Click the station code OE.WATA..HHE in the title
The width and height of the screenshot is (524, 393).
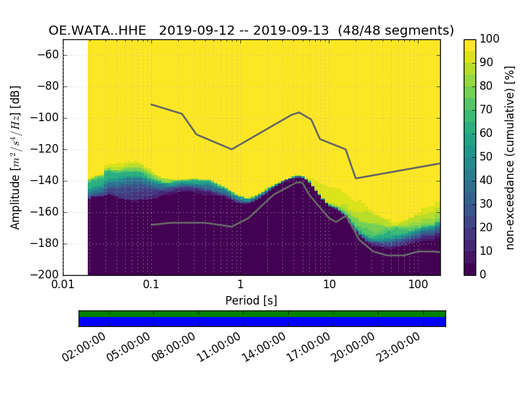tap(100, 31)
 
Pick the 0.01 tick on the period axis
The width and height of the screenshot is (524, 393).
tap(63, 286)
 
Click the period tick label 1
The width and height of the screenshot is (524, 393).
tap(240, 286)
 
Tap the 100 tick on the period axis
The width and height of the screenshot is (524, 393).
tap(418, 286)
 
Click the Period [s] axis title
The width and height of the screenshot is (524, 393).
tap(252, 301)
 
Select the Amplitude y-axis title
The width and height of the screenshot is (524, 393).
tap(16, 157)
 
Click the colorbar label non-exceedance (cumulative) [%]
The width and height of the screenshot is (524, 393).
tap(511, 157)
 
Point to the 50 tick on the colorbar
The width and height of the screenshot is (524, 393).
tap(487, 157)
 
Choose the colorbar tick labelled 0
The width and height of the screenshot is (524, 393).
tap(483, 274)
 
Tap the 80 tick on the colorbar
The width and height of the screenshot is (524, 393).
tap(487, 86)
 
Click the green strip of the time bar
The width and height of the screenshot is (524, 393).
tap(262, 314)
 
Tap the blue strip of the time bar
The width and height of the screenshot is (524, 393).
tap(262, 321)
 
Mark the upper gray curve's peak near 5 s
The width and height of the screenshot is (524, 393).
tap(299, 113)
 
